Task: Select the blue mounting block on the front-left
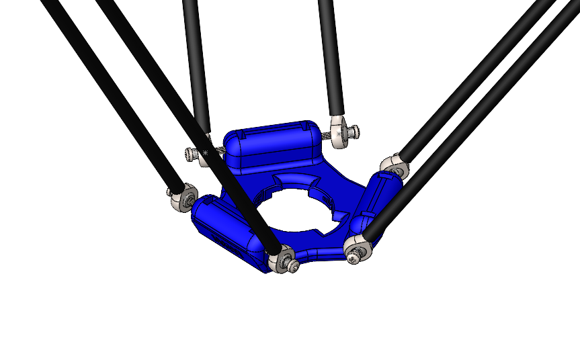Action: pos(225,228)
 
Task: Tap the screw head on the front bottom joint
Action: pos(292,266)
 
